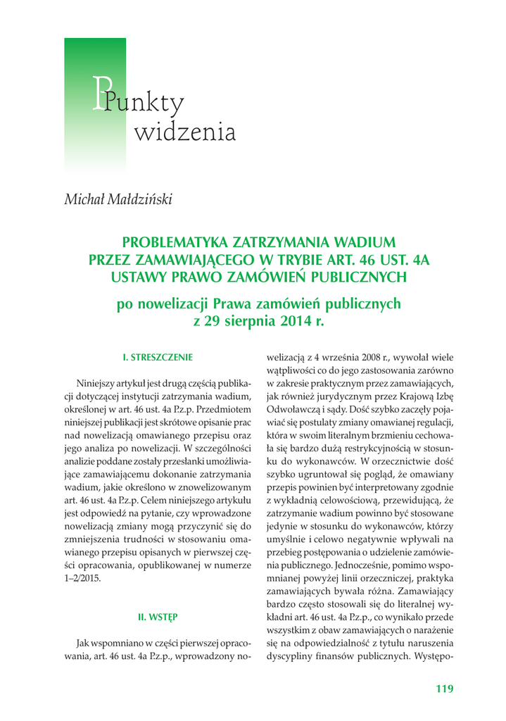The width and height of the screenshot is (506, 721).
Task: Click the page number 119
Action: [445, 689]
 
